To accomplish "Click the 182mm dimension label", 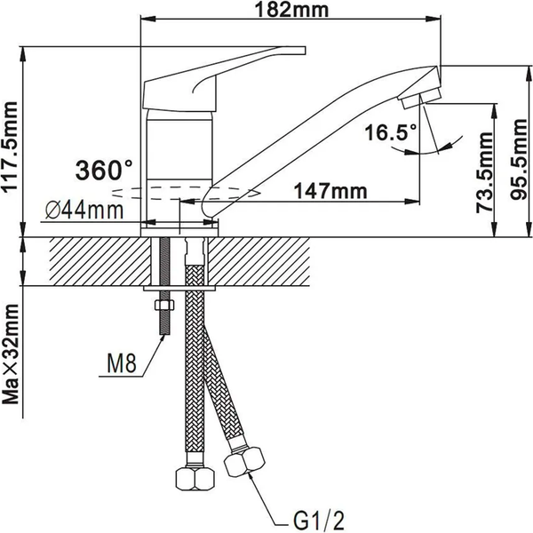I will point(290,11).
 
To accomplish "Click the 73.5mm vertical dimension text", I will point(484,169).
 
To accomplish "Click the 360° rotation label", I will point(104,168).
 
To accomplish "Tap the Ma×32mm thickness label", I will point(12,354).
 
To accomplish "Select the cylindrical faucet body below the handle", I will point(180,142).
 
